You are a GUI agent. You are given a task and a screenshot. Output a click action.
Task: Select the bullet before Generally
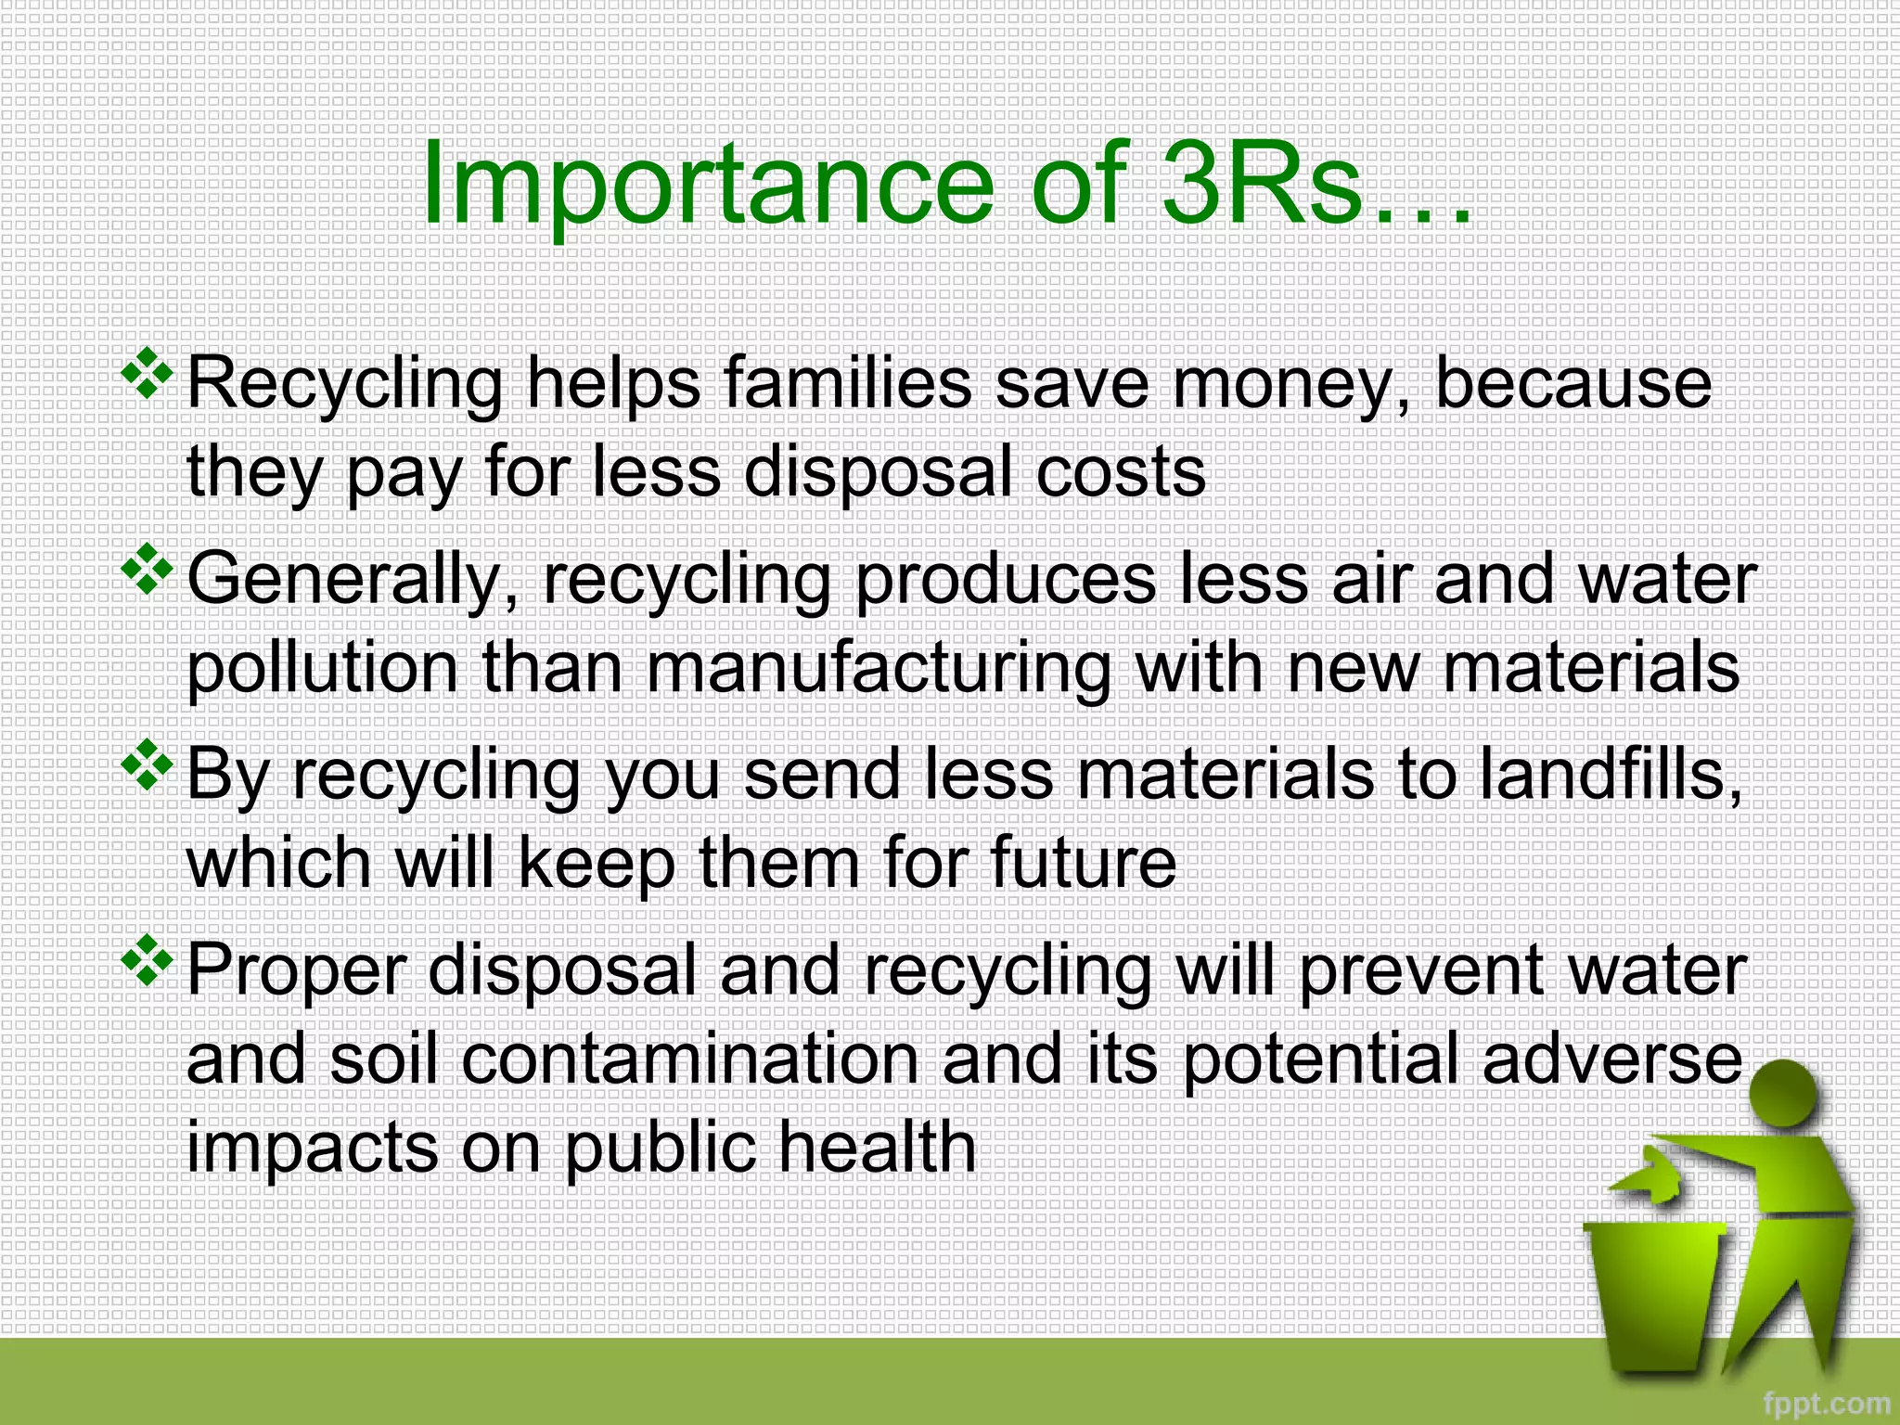(148, 569)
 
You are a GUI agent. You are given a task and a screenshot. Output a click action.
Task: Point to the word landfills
(1610, 775)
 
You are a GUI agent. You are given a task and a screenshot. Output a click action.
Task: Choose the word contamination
(691, 1059)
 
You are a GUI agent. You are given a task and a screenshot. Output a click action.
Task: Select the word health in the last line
(877, 1147)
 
